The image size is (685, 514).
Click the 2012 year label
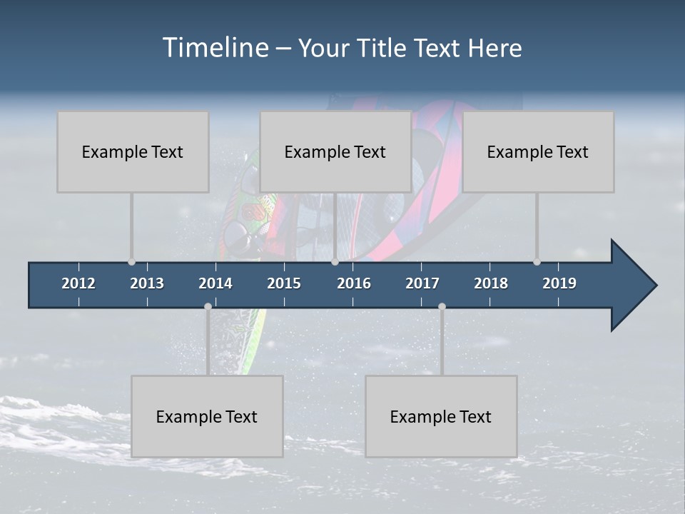tap(78, 283)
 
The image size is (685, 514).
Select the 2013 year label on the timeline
tap(147, 283)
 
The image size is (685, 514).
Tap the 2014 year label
tap(215, 283)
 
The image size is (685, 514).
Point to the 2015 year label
tap(284, 283)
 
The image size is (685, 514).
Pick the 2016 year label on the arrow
tap(354, 283)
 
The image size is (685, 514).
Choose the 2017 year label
tap(422, 283)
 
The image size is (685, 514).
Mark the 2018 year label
tap(491, 283)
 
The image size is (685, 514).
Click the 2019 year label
tap(559, 283)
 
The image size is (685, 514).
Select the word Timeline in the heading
tap(215, 48)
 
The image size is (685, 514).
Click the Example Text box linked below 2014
tap(207, 416)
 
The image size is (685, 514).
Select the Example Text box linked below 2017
tap(441, 416)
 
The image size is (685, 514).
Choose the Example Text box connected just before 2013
tap(133, 151)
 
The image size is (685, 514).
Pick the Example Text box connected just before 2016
tap(335, 151)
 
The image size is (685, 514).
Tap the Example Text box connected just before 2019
tap(538, 151)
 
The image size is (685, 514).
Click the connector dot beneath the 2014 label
tap(208, 306)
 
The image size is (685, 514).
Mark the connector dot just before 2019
tap(537, 261)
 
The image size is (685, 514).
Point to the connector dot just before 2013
tap(131, 261)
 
